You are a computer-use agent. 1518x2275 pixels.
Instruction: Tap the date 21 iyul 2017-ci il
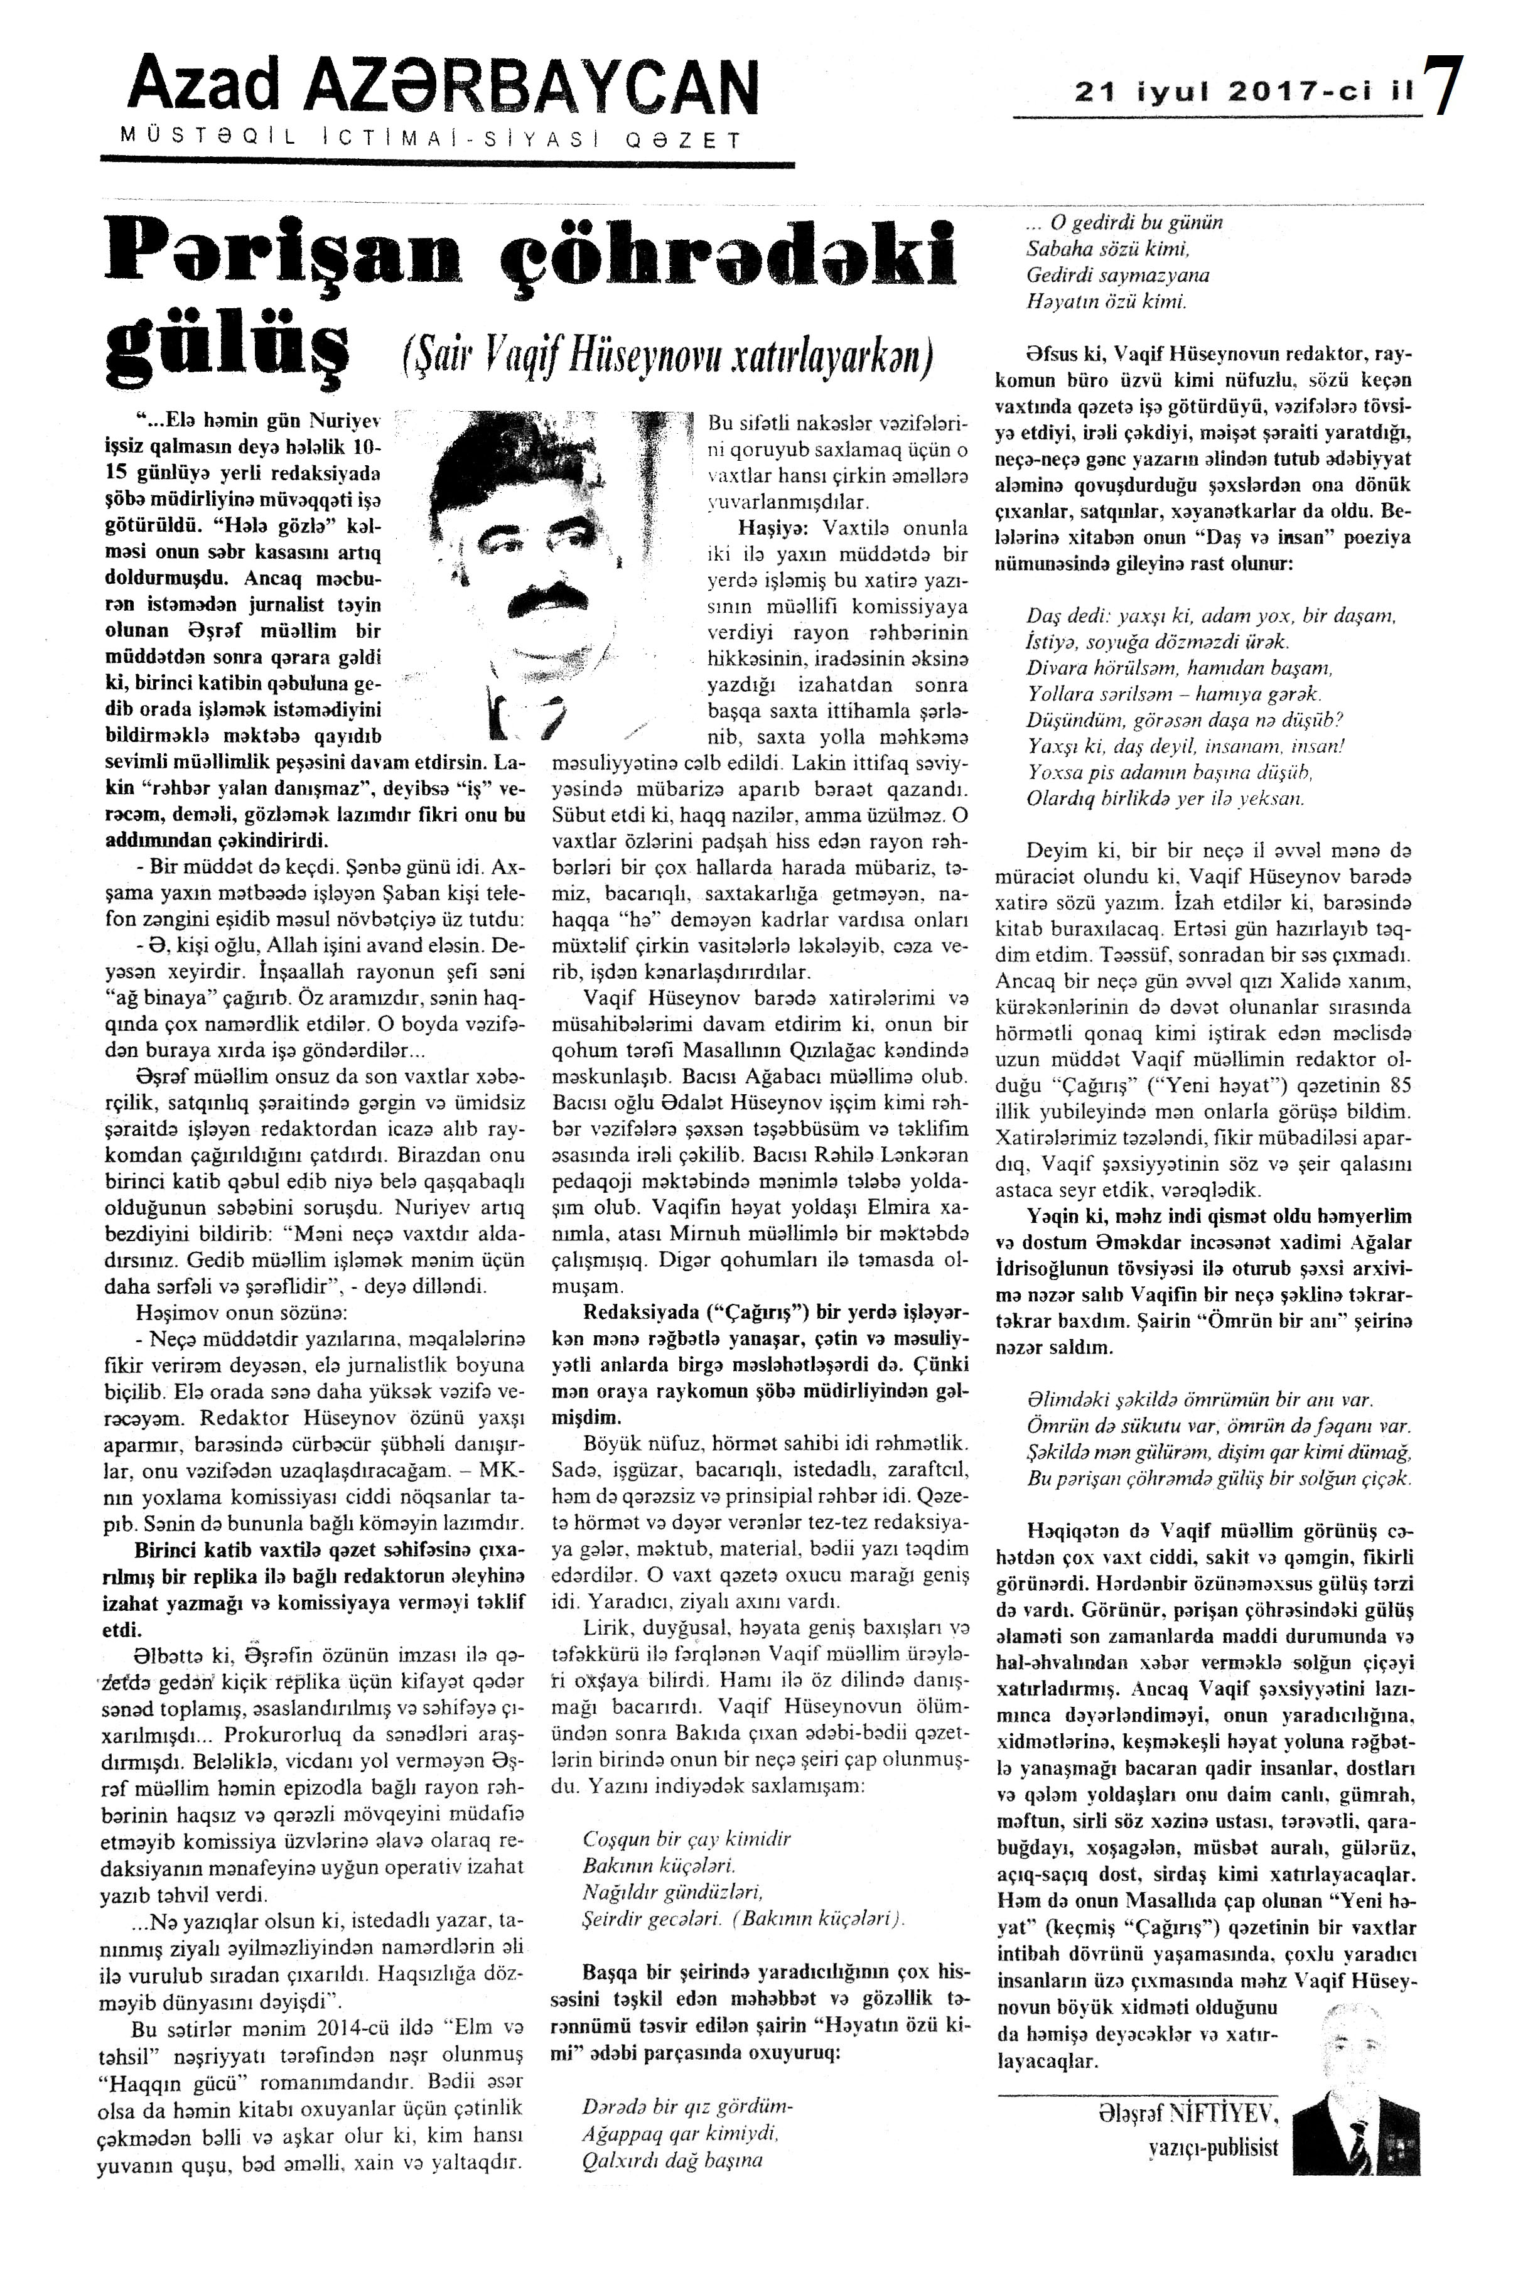tap(1244, 93)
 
